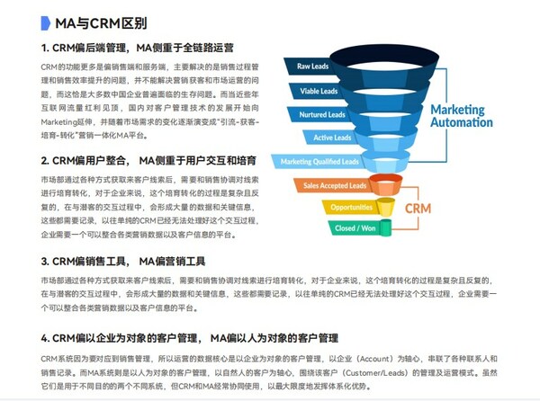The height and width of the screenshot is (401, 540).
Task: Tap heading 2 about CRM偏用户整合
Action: pos(148,161)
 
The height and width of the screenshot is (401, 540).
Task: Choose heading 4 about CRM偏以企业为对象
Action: pos(189,338)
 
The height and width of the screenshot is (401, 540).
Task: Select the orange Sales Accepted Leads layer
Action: pos(334,186)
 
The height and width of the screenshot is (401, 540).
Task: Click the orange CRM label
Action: pos(419,208)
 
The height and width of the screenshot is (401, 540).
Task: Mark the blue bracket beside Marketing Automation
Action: pos(415,114)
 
